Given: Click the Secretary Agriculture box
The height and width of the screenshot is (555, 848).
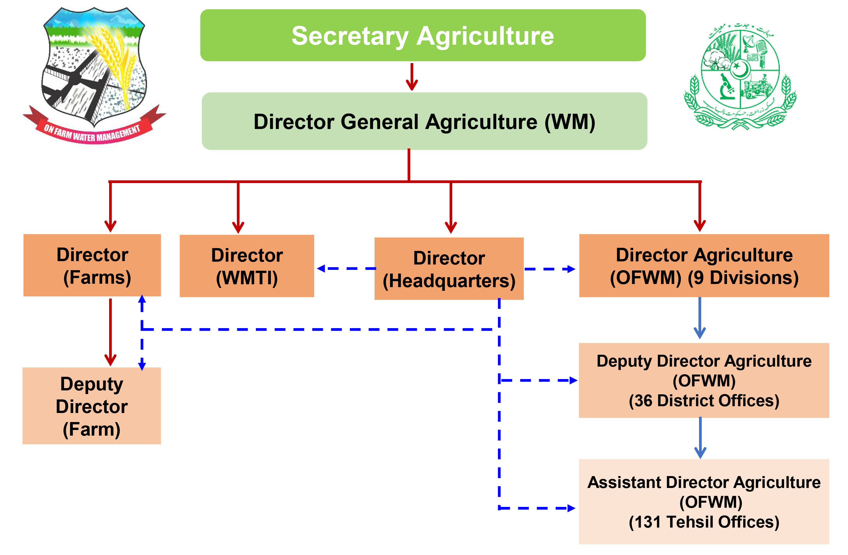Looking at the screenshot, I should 423,35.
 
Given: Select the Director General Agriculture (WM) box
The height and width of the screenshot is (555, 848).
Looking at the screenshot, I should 424,121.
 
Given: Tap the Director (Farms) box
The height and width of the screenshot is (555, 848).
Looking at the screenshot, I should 92,265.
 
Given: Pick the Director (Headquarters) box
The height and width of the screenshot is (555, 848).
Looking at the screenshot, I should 449,269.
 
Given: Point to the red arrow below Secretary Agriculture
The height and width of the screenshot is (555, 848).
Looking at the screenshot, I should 412,77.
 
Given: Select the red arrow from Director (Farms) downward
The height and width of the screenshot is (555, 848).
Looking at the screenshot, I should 111,332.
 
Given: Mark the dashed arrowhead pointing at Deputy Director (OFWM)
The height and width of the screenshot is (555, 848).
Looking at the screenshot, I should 573,381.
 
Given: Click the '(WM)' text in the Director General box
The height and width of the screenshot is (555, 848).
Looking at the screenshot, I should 569,122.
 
